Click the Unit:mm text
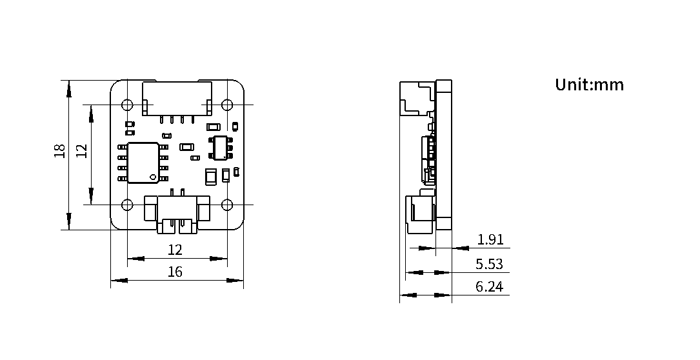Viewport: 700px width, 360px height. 589,85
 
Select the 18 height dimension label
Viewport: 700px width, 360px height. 60,150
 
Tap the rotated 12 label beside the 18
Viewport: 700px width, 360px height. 81,150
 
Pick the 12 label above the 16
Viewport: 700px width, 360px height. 175,250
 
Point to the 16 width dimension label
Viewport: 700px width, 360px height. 175,272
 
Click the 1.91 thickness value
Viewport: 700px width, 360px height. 490,239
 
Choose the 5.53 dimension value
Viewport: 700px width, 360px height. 489,264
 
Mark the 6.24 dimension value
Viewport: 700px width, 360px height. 489,286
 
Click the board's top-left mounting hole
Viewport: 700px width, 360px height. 127,105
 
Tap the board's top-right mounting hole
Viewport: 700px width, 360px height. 227,105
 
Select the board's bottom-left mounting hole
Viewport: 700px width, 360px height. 127,205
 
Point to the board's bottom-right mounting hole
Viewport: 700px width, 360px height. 227,205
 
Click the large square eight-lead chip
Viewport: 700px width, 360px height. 143,163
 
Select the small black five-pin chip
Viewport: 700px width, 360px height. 221,147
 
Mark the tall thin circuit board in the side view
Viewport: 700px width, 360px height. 444,155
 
